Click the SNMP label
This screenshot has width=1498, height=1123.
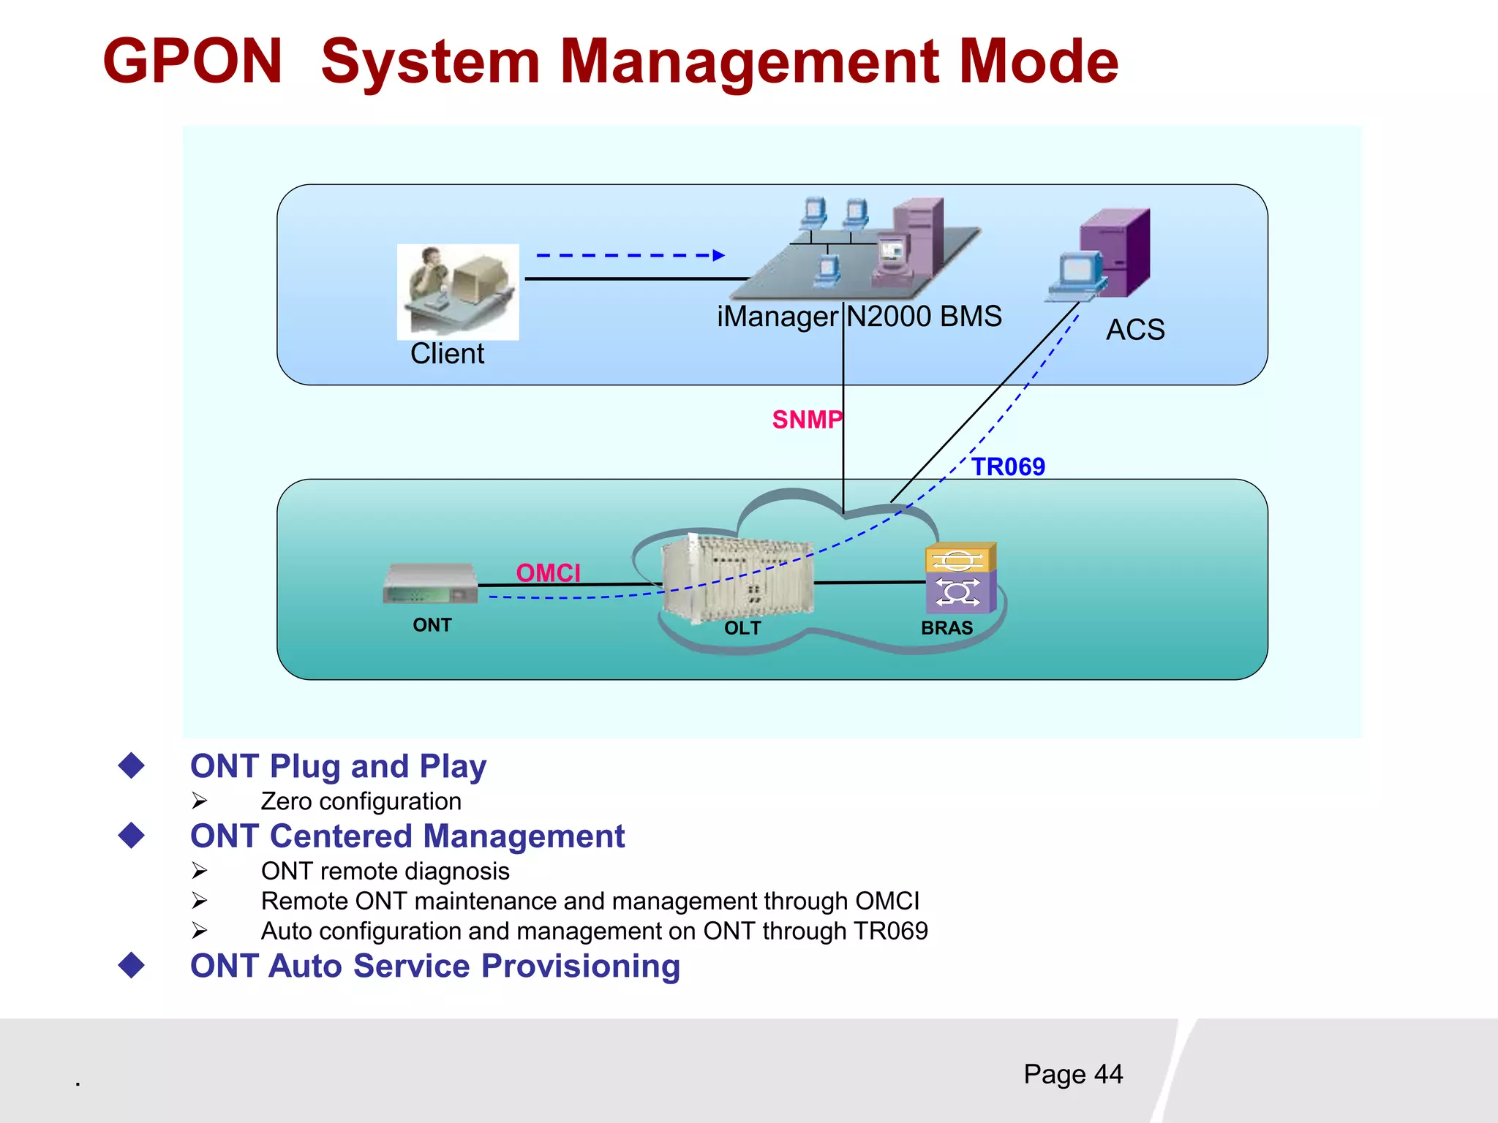point(807,420)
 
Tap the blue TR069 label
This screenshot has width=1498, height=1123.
point(1008,466)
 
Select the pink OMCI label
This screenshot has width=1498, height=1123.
point(548,572)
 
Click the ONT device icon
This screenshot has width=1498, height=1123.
point(430,583)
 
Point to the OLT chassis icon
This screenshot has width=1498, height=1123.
point(737,578)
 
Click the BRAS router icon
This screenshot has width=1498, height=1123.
point(960,578)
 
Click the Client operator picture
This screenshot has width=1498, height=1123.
point(458,291)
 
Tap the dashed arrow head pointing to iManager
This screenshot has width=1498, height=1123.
point(718,255)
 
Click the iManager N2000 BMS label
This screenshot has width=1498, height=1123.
point(859,317)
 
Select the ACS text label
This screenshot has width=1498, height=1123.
point(1134,330)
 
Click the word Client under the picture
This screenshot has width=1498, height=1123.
point(447,354)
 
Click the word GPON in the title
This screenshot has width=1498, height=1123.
point(192,61)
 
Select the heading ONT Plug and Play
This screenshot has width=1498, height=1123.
point(338,766)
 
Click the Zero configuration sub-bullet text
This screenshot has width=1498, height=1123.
point(361,801)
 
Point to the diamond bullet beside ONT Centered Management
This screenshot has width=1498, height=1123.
point(132,835)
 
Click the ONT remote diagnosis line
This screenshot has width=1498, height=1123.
point(385,871)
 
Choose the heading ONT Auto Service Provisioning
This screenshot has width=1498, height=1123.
point(434,966)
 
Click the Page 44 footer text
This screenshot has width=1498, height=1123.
point(1072,1074)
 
